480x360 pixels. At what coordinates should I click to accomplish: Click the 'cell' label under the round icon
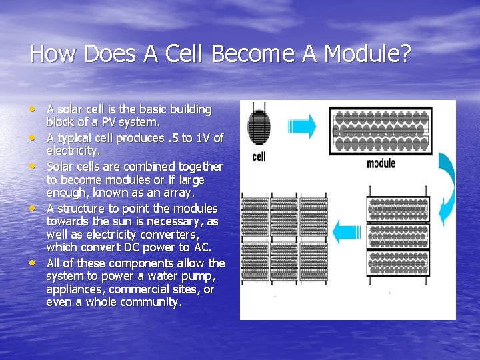click(259, 157)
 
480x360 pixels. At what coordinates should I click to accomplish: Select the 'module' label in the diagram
click(381, 163)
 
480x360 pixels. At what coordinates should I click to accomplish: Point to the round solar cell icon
click(259, 127)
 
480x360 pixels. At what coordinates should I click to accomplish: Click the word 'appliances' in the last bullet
click(76, 289)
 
